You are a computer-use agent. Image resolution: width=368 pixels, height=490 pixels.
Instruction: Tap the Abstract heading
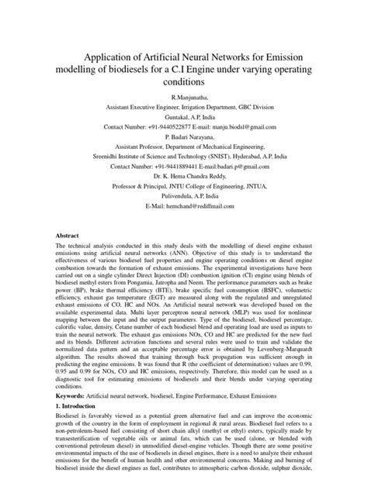(68, 234)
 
